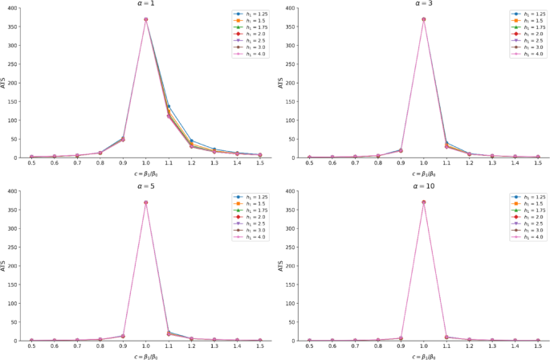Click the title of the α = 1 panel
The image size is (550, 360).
click(145, 3)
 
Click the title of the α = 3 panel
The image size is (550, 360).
click(423, 3)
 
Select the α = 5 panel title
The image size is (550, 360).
click(145, 187)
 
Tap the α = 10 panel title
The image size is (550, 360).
click(423, 187)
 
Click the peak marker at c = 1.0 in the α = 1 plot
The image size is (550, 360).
click(145, 19)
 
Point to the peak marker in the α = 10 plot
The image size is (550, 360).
click(423, 202)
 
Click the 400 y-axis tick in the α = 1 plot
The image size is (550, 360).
click(14, 8)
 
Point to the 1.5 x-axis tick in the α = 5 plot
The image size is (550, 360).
click(259, 347)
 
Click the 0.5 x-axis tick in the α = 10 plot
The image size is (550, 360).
click(309, 347)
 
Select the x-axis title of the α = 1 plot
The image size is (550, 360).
click(145, 174)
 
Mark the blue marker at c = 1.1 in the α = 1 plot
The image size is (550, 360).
click(169, 106)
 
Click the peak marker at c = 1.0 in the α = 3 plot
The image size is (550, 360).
click(423, 19)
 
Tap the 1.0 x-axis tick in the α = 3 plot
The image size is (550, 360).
click(423, 165)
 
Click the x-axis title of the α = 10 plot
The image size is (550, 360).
click(423, 356)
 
